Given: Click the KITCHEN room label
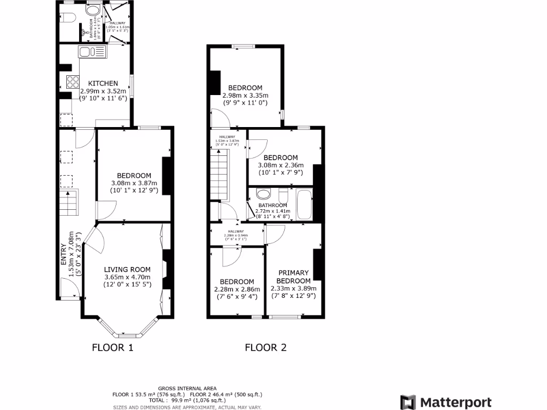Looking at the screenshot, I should [103, 83].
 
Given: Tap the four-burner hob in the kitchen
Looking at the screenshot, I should [72, 82].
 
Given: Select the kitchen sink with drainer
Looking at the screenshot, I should [92, 52].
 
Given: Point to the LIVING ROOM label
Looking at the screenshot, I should [127, 270].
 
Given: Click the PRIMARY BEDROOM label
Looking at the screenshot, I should [294, 277].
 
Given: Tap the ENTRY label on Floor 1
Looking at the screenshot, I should [64, 255].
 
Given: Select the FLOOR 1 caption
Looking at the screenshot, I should [112, 348].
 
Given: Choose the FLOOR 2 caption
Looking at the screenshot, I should [265, 348].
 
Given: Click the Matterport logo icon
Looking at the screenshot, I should [408, 402].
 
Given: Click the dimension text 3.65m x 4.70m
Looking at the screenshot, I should [127, 277].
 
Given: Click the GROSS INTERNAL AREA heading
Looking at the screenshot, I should [187, 388].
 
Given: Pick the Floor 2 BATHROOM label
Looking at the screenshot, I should [272, 206].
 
